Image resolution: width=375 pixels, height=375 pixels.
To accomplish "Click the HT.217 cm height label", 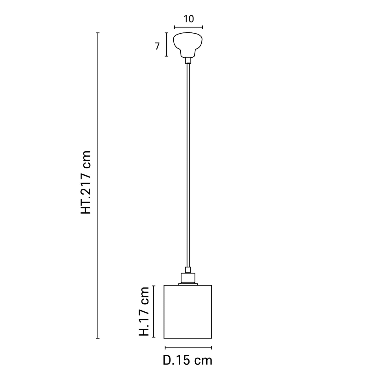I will tap(86, 182).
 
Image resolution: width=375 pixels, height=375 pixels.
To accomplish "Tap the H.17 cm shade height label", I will tap(144, 311).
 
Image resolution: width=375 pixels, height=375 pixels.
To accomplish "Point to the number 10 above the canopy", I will tap(189, 19).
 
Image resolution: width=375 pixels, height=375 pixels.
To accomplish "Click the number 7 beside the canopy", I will tap(157, 46).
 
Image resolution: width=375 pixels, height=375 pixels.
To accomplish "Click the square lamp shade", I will tap(188, 311).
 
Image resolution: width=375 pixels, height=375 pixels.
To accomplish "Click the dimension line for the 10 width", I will tap(188, 27).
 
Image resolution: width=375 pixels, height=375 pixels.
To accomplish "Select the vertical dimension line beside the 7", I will tap(167, 44).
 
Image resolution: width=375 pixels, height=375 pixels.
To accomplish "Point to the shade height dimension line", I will tap(154, 311).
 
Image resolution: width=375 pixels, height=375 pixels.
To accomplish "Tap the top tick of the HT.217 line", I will tap(98, 33).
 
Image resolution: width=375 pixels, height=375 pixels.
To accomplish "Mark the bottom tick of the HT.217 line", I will tap(98, 338).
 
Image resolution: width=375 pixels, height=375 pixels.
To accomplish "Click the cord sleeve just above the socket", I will tap(188, 270).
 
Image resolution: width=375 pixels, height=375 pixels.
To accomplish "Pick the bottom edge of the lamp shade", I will tap(188, 338).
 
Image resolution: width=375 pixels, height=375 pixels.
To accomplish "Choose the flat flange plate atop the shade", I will tap(188, 284).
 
